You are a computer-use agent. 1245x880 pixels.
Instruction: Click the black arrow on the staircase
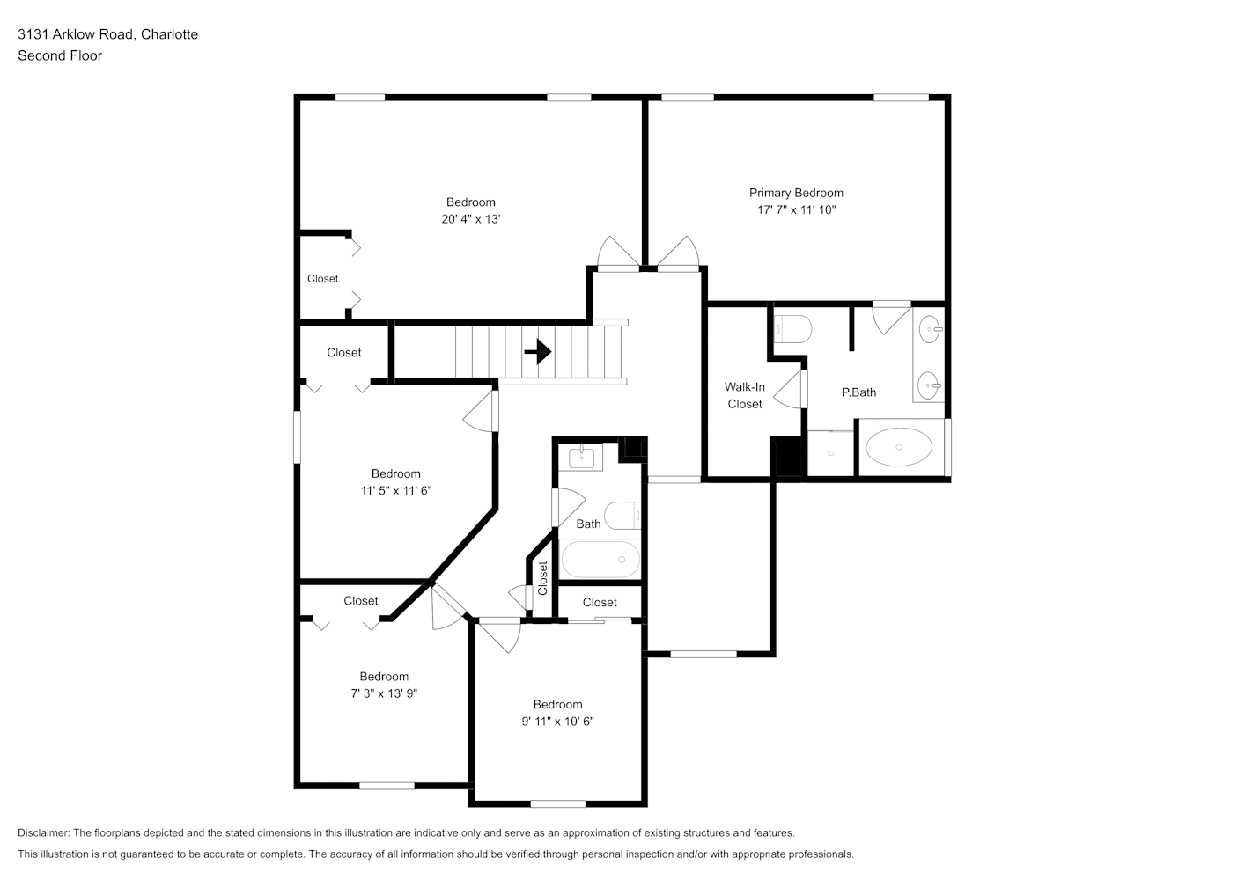[537, 351]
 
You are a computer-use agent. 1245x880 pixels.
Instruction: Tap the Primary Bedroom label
[796, 193]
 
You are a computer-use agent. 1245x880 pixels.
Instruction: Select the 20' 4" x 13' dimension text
[471, 219]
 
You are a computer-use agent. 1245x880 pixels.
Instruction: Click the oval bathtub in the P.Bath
[899, 447]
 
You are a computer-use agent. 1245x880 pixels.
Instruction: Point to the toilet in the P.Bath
[793, 329]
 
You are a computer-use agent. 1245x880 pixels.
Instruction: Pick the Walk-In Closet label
[745, 395]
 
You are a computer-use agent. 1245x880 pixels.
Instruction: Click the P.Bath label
[858, 392]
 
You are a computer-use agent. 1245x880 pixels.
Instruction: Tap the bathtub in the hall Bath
[600, 560]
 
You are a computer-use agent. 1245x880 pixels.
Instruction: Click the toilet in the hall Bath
[622, 516]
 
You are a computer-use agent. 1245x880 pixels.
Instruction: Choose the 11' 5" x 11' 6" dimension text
[395, 490]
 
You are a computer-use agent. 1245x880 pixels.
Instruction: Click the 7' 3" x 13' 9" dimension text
[384, 693]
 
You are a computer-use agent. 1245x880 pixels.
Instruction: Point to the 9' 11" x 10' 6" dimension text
[557, 721]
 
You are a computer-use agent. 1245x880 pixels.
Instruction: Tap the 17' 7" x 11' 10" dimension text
[797, 209]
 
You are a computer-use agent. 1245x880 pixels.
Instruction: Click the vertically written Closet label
[543, 578]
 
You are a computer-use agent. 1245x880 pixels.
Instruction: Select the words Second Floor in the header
[60, 55]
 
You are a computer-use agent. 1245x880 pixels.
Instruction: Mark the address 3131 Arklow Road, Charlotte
[107, 34]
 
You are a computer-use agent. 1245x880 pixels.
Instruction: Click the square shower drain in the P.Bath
[831, 453]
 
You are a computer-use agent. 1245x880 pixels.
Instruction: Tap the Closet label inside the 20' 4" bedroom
[322, 278]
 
